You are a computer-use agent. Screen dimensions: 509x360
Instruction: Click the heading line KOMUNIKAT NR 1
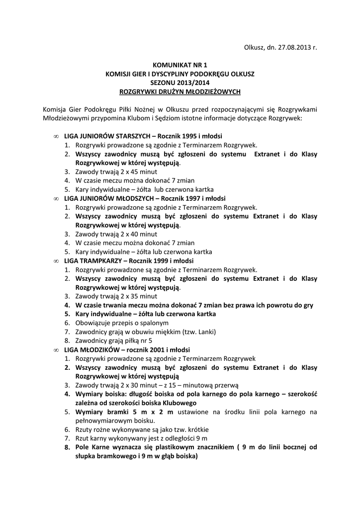pos(180,65)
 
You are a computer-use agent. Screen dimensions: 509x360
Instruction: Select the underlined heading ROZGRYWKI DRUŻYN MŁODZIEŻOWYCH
pos(180,91)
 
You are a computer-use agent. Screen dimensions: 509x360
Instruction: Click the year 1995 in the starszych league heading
pos(188,136)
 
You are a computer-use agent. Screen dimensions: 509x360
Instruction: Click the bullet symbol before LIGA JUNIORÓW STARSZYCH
pos(55,136)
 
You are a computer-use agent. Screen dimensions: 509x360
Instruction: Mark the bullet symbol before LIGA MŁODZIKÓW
pos(55,350)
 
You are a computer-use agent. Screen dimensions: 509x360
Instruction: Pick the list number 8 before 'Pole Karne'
pos(66,448)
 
